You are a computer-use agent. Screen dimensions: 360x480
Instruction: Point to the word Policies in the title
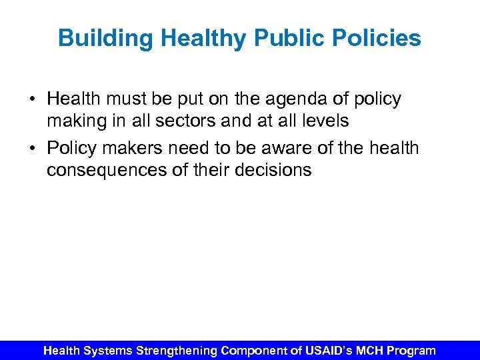379,38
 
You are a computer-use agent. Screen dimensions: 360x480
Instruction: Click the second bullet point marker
33,148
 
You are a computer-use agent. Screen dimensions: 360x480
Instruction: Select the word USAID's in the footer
326,350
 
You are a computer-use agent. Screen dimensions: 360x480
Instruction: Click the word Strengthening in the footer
177,350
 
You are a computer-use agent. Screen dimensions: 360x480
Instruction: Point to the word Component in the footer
253,350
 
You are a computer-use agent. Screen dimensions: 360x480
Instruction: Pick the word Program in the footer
411,350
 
